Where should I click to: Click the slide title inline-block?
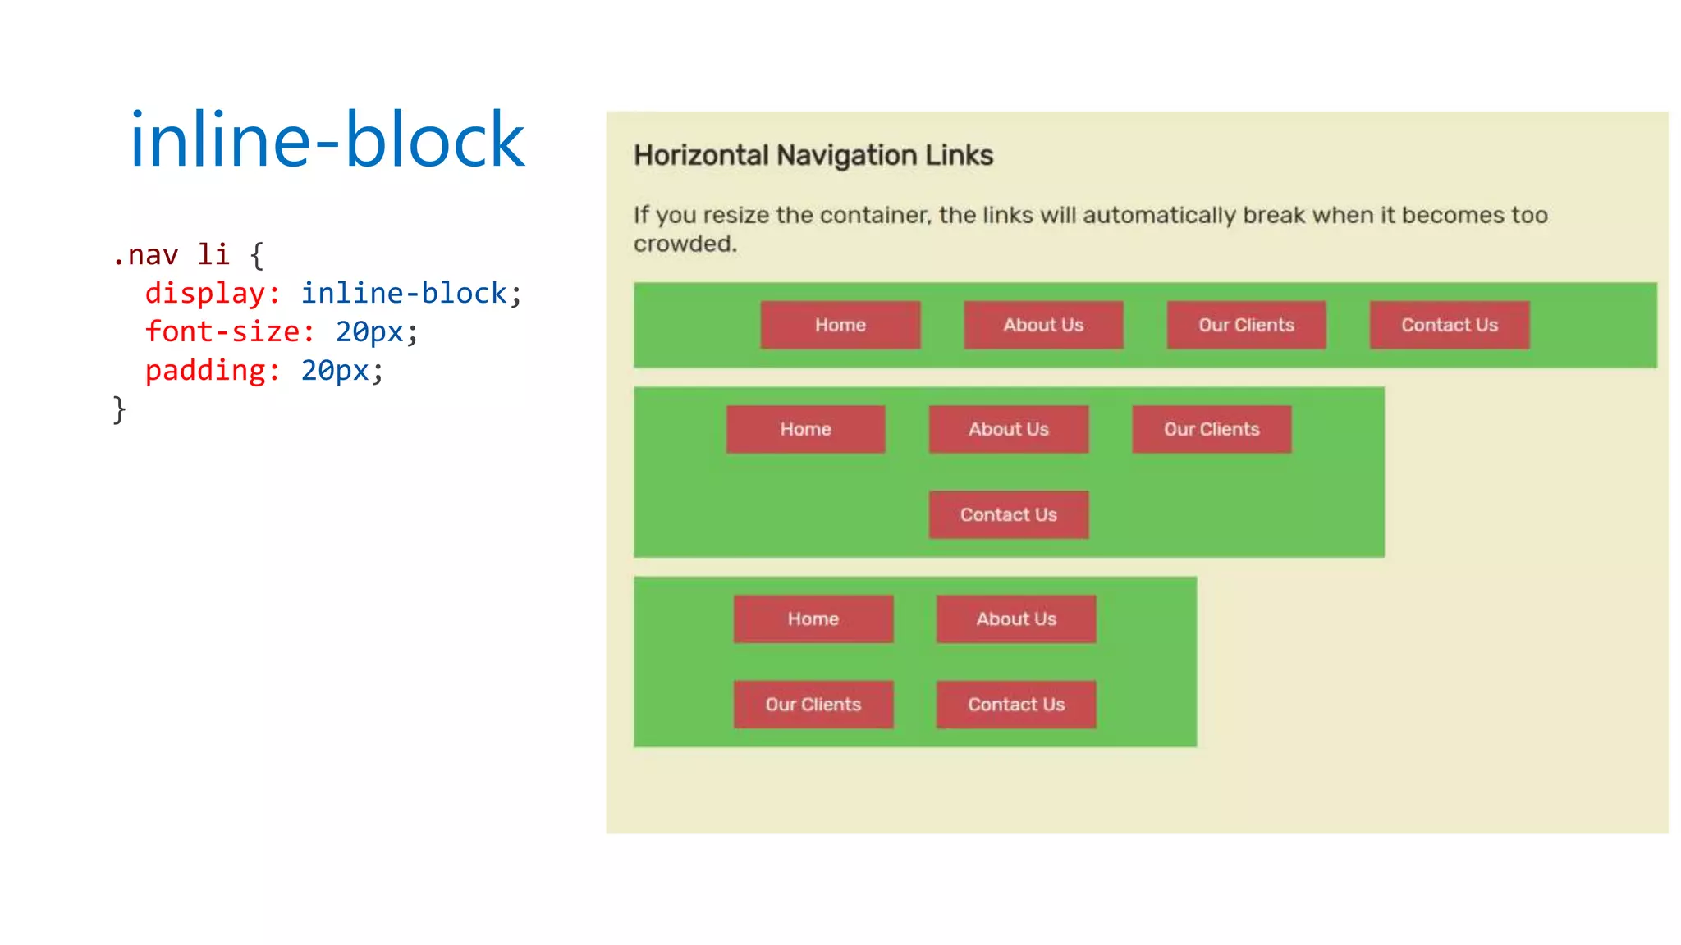pyautogui.click(x=327, y=140)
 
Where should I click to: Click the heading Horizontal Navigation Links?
pyautogui.click(x=813, y=155)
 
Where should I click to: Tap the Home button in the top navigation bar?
pyautogui.click(x=840, y=325)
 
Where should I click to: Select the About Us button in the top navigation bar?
pyautogui.click(x=1042, y=325)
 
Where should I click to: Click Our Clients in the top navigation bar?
pyautogui.click(x=1246, y=325)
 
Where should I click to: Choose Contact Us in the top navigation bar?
pyautogui.click(x=1449, y=325)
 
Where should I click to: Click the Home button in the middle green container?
pyautogui.click(x=805, y=429)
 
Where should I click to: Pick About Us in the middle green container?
pyautogui.click(x=1008, y=429)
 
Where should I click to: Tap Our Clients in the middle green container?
pyautogui.click(x=1211, y=429)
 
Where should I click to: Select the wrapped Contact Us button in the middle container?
pyautogui.click(x=1008, y=514)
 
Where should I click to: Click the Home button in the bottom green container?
pyautogui.click(x=813, y=619)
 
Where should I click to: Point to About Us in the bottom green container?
pyautogui.click(x=1015, y=619)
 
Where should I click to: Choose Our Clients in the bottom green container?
pyautogui.click(x=813, y=704)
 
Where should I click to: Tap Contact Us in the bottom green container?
pyautogui.click(x=1015, y=704)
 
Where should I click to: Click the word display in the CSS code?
pyautogui.click(x=205, y=294)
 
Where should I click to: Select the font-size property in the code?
pyautogui.click(x=222, y=332)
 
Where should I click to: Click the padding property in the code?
pyautogui.click(x=205, y=371)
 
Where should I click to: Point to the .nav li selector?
pyautogui.click(x=170, y=255)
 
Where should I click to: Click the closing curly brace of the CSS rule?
pyautogui.click(x=119, y=409)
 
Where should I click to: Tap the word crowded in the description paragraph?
pyautogui.click(x=684, y=244)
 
